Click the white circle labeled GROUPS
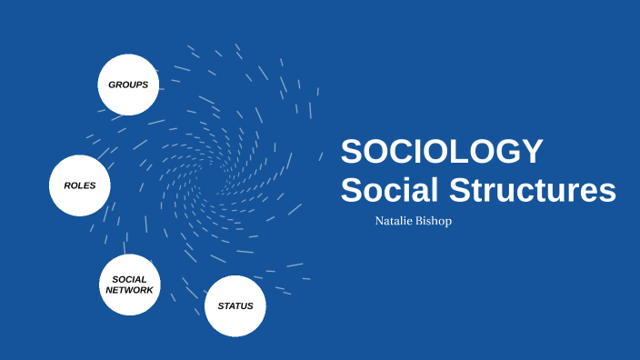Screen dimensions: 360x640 pos(128,85)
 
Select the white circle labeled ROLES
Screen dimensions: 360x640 pos(79,185)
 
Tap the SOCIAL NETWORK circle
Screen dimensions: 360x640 pos(129,285)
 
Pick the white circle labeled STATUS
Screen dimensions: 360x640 pos(235,306)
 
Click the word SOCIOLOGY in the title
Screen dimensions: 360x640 pos(442,151)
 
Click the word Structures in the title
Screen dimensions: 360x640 pos(529,191)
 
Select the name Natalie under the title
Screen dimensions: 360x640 pos(395,221)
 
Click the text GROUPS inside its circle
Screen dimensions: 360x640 pos(128,85)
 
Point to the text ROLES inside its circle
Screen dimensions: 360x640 pos(79,185)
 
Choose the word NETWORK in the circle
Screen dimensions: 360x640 pos(129,290)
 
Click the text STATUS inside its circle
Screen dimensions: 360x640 pos(235,306)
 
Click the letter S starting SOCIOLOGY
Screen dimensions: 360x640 pos(351,151)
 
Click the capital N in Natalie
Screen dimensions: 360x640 pos(379,221)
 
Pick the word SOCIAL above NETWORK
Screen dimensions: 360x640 pos(129,279)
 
